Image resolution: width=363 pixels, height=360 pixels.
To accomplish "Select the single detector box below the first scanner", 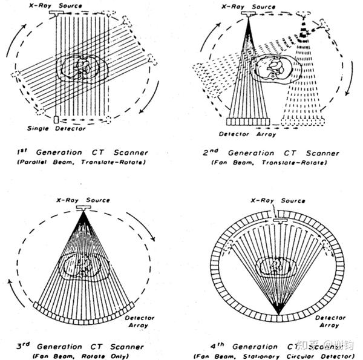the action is (56, 119).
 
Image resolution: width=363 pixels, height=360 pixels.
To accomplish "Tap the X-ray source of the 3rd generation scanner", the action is (82, 208).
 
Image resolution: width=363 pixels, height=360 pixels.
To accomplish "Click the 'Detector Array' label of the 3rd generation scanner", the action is (140, 321).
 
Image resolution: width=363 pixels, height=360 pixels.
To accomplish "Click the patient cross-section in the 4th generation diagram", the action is (278, 267).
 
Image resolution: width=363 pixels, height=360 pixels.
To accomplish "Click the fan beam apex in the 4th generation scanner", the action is (278, 312).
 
